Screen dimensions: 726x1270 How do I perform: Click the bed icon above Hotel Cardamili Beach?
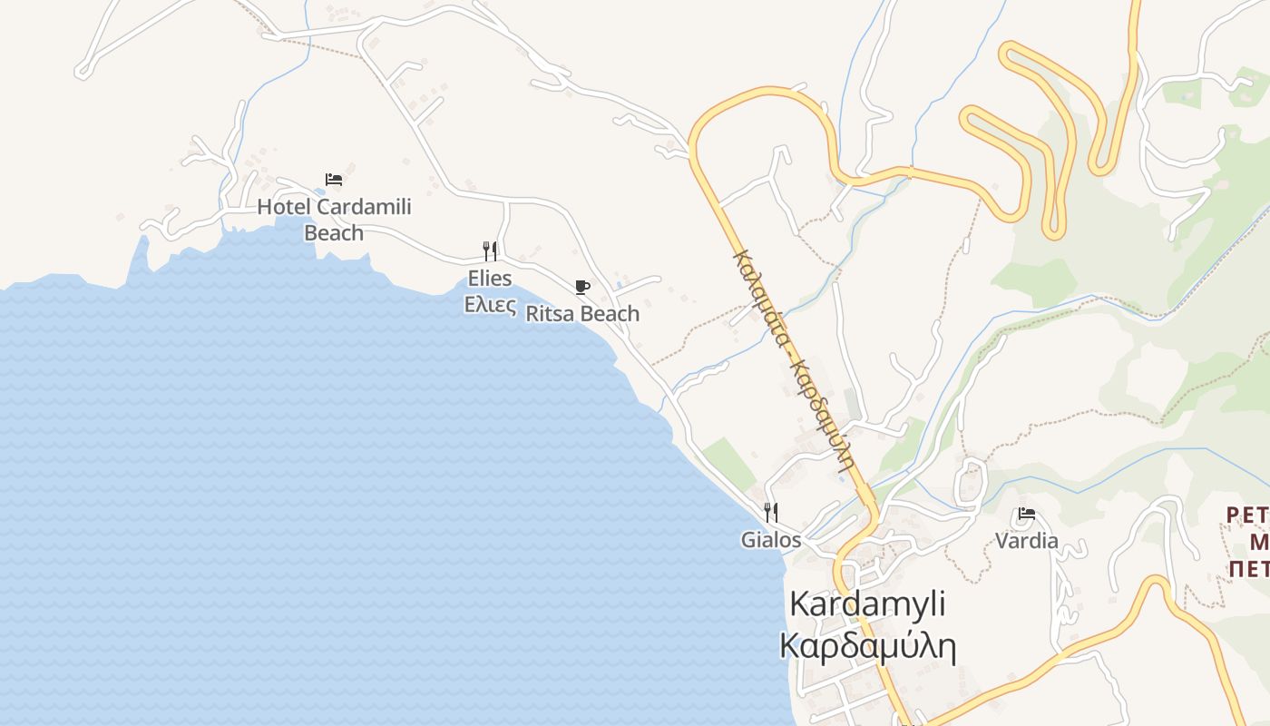(334, 180)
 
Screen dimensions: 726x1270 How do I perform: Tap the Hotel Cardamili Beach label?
(334, 220)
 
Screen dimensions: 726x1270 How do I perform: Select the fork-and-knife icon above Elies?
(490, 250)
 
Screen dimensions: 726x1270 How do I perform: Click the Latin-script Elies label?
(490, 278)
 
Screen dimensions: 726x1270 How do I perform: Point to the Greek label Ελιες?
(490, 304)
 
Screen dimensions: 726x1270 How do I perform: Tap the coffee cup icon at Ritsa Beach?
(582, 288)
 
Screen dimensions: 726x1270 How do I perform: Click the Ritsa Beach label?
(582, 314)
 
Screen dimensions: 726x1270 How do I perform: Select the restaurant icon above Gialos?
(771, 513)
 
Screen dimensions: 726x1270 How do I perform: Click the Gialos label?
(771, 540)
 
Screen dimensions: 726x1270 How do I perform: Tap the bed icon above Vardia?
(1027, 514)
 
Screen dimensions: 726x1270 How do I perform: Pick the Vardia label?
(1027, 541)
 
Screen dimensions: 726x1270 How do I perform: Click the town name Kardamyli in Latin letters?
(867, 603)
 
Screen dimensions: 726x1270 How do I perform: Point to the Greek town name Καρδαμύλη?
(867, 646)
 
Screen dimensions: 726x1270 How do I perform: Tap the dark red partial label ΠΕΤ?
(1250, 569)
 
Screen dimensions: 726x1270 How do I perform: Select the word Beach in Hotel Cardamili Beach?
(334, 233)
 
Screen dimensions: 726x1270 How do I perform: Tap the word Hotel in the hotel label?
(284, 207)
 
